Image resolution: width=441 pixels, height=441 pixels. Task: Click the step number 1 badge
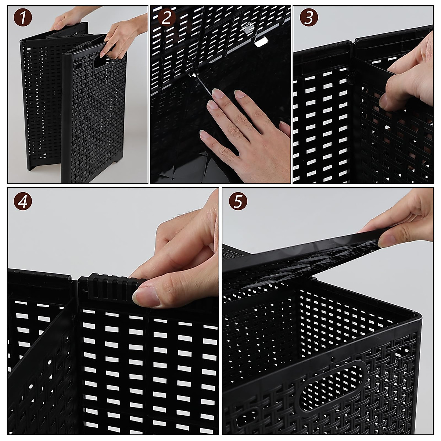23,18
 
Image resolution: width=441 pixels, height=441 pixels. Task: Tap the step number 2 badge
166,18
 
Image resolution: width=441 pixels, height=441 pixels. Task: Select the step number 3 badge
308,18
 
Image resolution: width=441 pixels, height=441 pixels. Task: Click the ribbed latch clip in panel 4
110,287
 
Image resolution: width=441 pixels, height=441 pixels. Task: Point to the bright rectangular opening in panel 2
262,42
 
